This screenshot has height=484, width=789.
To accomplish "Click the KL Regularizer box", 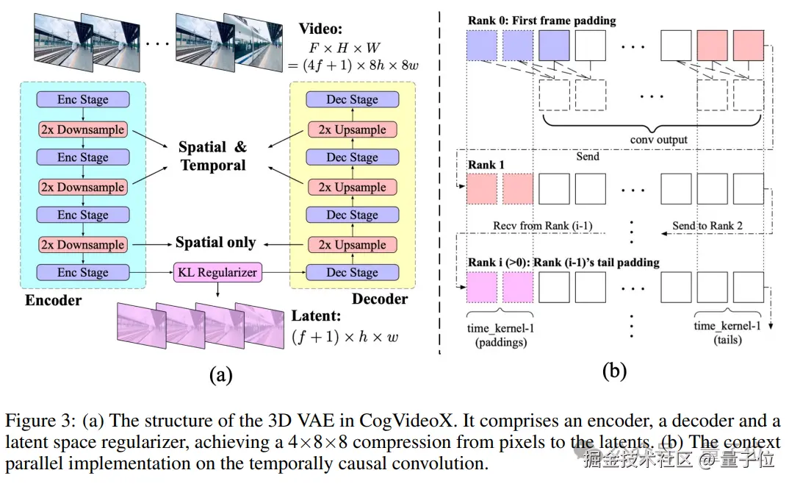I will click(x=217, y=272).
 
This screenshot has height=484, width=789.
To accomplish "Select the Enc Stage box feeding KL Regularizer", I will click(x=83, y=272).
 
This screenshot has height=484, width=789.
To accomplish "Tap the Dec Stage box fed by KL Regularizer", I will click(x=353, y=272).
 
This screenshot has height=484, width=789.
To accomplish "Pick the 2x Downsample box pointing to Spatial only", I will click(x=83, y=244).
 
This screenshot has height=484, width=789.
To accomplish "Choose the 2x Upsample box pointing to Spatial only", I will click(x=353, y=244).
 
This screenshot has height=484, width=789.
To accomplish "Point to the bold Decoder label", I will click(x=379, y=299).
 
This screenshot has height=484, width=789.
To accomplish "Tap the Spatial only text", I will click(x=215, y=242).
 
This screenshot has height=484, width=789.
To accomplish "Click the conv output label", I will click(x=658, y=139).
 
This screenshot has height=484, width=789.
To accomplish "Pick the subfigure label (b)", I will click(x=614, y=371).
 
